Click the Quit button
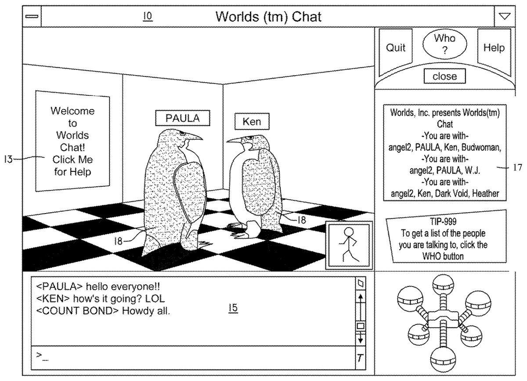[x=396, y=48]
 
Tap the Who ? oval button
[x=444, y=44]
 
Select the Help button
[x=494, y=48]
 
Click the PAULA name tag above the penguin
[x=182, y=118]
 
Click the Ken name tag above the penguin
[x=252, y=122]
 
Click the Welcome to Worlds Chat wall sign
[x=72, y=141]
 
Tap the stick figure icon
[x=349, y=245]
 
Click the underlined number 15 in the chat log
[x=233, y=309]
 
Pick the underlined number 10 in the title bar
[x=148, y=16]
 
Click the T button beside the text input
[x=360, y=358]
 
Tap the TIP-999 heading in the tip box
[x=444, y=223]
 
